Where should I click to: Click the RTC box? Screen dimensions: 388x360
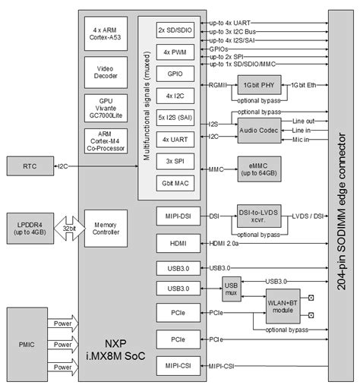pos(29,165)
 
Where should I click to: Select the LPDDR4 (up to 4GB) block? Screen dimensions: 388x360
pos(29,229)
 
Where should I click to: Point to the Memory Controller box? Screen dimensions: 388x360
pos(105,229)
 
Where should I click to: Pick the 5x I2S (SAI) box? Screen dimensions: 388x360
pos(175,118)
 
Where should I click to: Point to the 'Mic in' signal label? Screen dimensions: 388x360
pos(303,140)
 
